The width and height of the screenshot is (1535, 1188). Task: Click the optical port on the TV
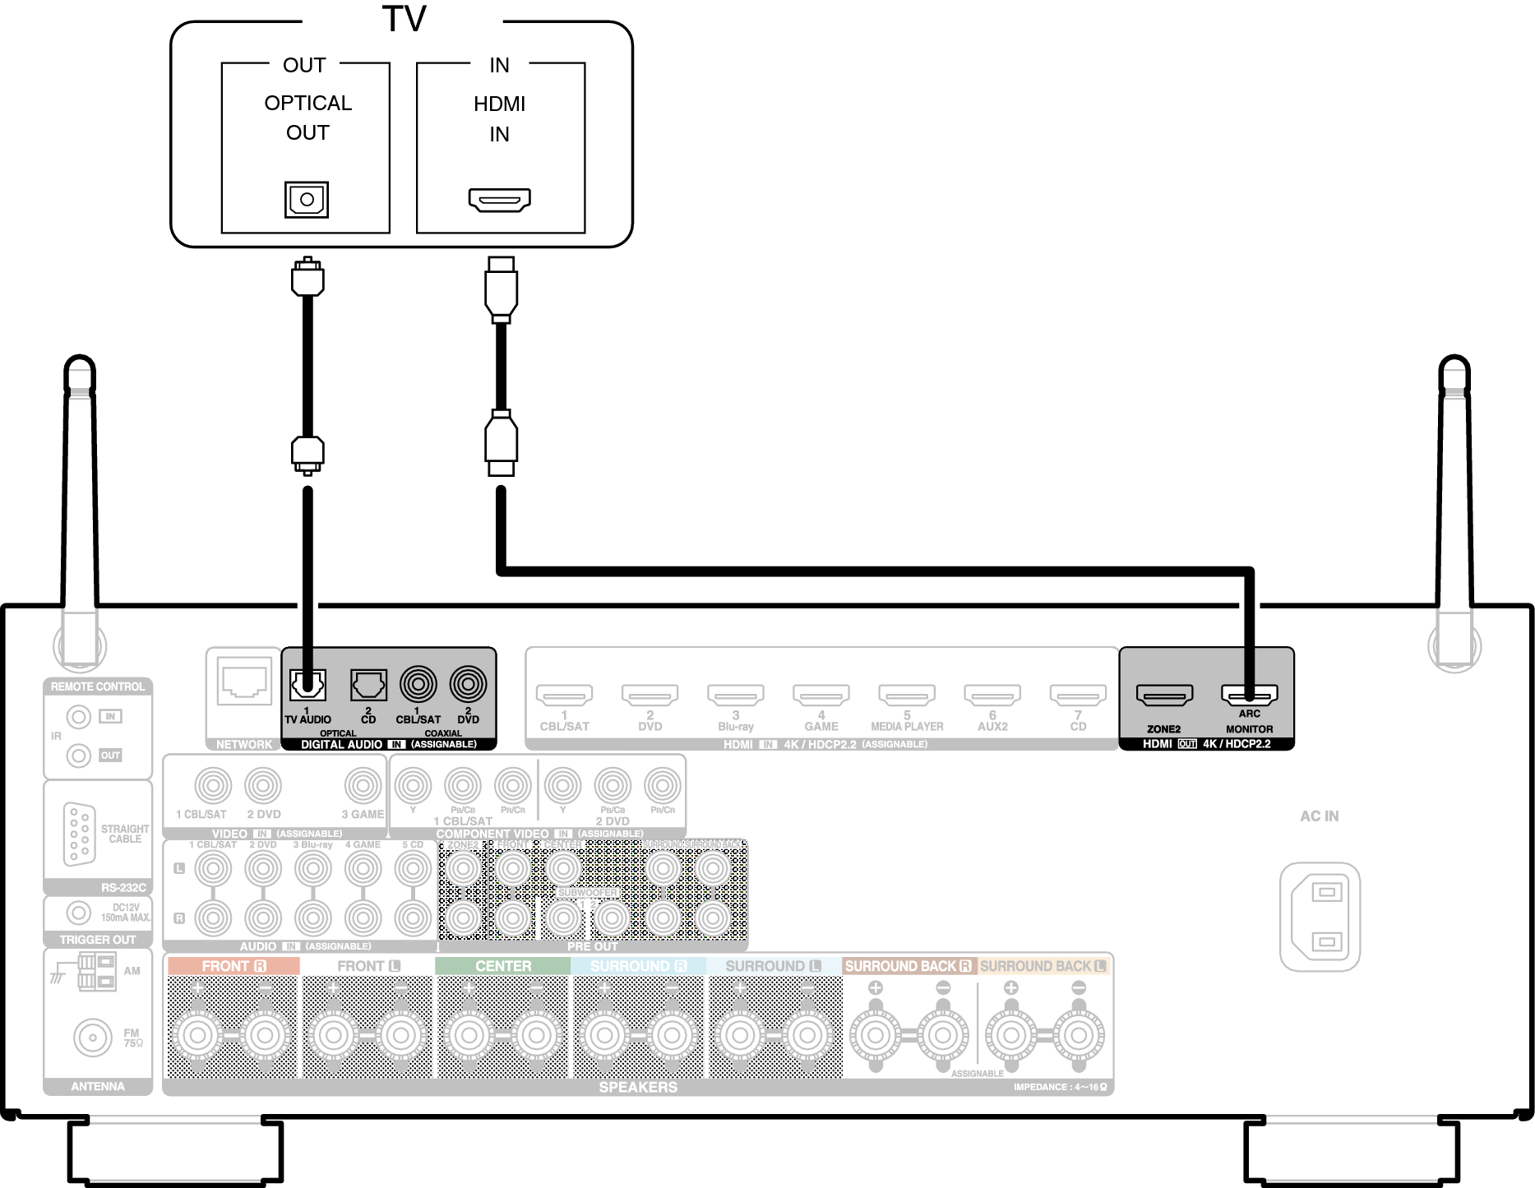pyautogui.click(x=307, y=199)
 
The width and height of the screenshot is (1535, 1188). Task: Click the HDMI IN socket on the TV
pyautogui.click(x=500, y=199)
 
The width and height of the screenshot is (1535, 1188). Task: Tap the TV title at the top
pyautogui.click(x=404, y=19)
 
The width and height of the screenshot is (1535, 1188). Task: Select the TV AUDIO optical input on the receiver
pyautogui.click(x=307, y=684)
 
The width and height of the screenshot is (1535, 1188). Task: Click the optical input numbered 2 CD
pyautogui.click(x=368, y=684)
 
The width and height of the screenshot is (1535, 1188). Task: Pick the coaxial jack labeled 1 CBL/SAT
pyautogui.click(x=418, y=684)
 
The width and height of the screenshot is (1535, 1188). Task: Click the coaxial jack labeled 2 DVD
pyautogui.click(x=468, y=684)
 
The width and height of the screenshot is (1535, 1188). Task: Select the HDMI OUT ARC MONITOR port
pyautogui.click(x=1249, y=696)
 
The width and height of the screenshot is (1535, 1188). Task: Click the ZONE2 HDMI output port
pyautogui.click(x=1164, y=696)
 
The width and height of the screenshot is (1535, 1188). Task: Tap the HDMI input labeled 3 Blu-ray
pyautogui.click(x=735, y=696)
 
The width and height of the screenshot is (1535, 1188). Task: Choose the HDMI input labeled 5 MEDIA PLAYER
pyautogui.click(x=907, y=696)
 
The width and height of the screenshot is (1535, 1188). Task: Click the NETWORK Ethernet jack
pyautogui.click(x=244, y=682)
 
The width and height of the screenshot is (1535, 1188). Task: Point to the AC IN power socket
pyautogui.click(x=1320, y=917)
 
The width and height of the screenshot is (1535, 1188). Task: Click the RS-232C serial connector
pyautogui.click(x=79, y=834)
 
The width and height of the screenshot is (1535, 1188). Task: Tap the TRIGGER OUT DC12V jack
pyautogui.click(x=79, y=912)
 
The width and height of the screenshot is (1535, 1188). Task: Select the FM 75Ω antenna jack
pyautogui.click(x=92, y=1038)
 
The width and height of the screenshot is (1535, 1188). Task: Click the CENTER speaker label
pyautogui.click(x=502, y=966)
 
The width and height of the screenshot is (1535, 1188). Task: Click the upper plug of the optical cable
pyautogui.click(x=307, y=277)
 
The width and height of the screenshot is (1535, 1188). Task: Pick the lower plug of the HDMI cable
pyautogui.click(x=501, y=444)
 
